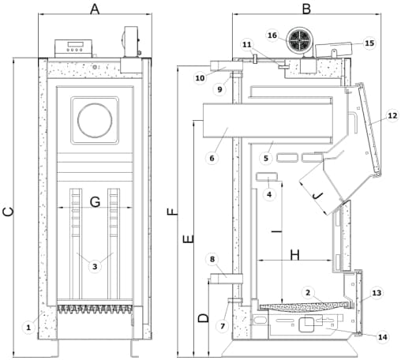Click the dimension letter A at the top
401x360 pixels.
pos(95,9)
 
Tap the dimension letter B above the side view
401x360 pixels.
pos(306,9)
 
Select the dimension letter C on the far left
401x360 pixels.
pos(9,212)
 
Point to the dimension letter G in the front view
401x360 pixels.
pos(95,202)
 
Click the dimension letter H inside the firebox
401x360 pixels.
pos(294,255)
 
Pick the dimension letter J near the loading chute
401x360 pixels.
pos(317,196)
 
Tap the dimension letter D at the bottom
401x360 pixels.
pos(204,318)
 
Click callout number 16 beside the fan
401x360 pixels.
pos(272,35)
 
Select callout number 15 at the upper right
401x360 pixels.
pos(369,43)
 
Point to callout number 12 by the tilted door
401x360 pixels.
pos(392,115)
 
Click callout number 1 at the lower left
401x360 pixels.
pos(28,328)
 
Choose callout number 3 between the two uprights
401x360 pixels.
pos(95,267)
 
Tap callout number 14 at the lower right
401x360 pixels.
pos(383,337)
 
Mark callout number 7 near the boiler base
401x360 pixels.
pos(223,326)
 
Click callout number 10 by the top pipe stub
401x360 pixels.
pos(200,78)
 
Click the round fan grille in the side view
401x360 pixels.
pos(299,40)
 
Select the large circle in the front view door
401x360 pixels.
pos(95,120)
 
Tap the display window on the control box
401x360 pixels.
pos(75,44)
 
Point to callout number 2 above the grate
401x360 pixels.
pos(308,293)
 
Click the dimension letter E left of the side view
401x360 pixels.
pos(189,239)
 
